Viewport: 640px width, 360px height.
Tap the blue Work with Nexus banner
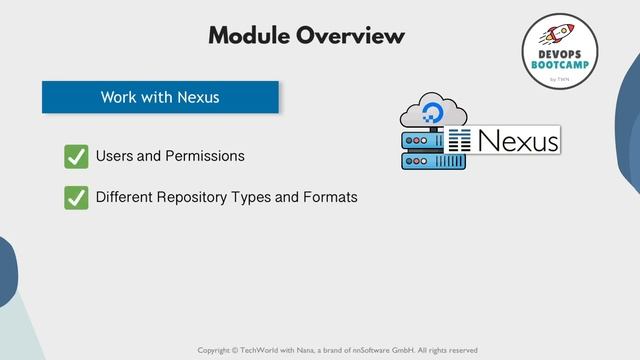pyautogui.click(x=160, y=97)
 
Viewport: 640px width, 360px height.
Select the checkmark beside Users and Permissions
pyautogui.click(x=76, y=157)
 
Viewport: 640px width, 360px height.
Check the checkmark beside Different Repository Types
pyautogui.click(x=76, y=197)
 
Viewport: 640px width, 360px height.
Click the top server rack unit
pyautogui.click(x=421, y=140)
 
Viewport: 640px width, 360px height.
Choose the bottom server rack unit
pyautogui.click(x=421, y=160)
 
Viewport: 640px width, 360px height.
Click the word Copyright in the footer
pyautogui.click(x=216, y=350)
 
